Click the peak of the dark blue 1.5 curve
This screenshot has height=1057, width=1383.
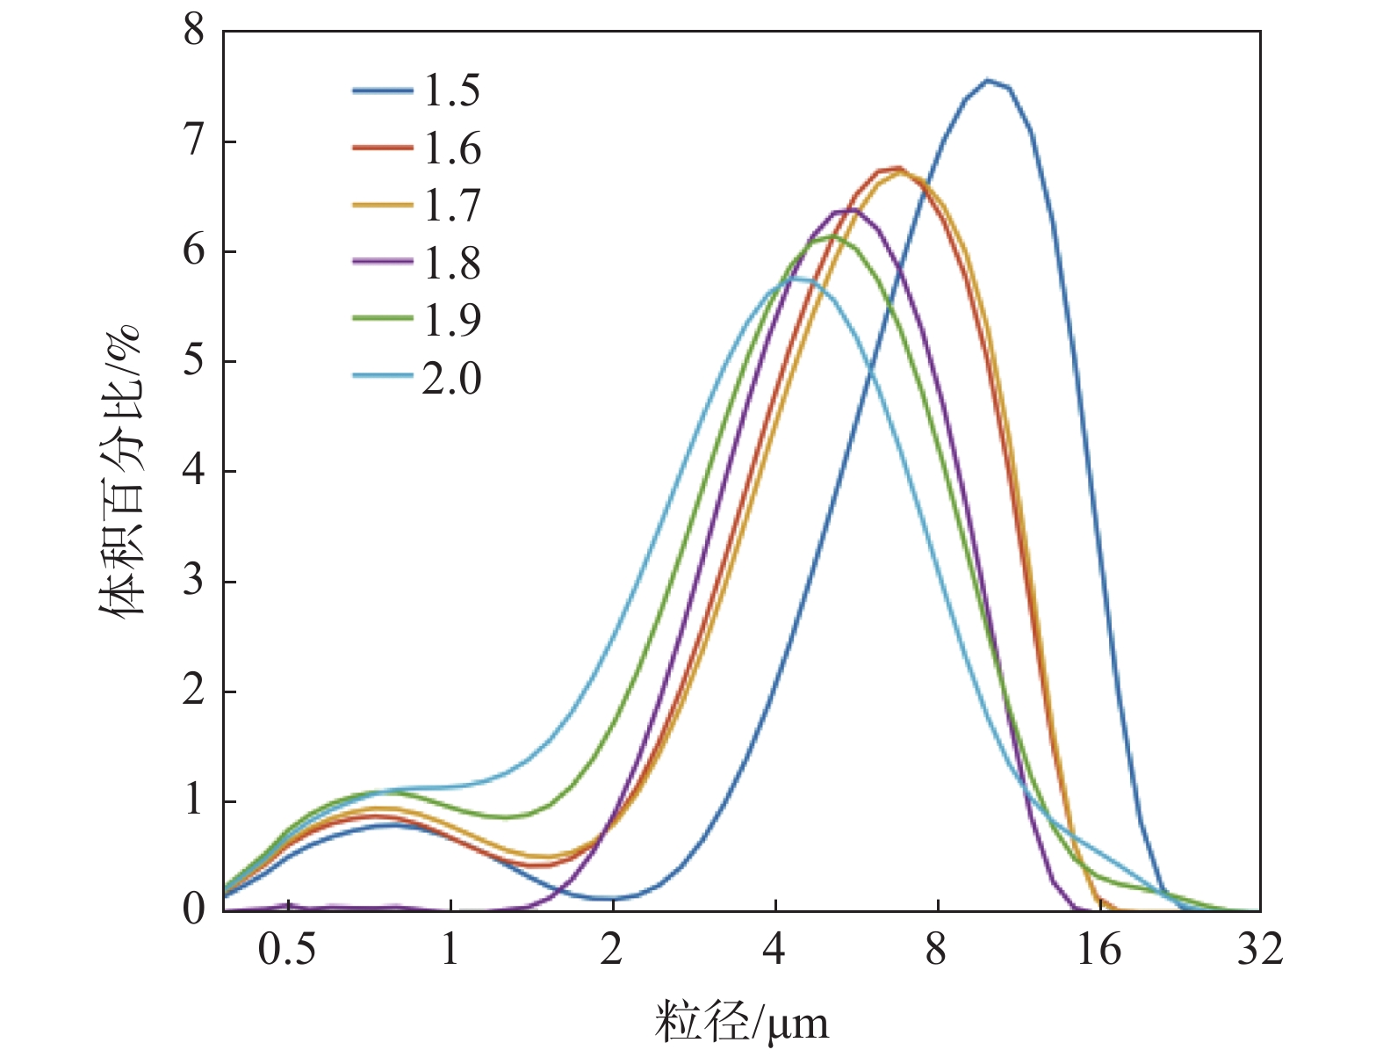(989, 81)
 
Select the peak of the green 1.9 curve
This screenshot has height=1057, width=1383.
(829, 237)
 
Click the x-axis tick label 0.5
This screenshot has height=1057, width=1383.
(287, 950)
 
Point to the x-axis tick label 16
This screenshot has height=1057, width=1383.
(1098, 950)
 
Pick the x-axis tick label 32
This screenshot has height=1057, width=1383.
(1260, 950)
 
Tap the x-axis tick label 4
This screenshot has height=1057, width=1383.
(774, 950)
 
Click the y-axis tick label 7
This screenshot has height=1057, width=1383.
(194, 141)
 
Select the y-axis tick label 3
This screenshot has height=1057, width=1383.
(194, 581)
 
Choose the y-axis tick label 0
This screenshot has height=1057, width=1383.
(194, 909)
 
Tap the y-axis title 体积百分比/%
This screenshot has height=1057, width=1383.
(119, 471)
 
